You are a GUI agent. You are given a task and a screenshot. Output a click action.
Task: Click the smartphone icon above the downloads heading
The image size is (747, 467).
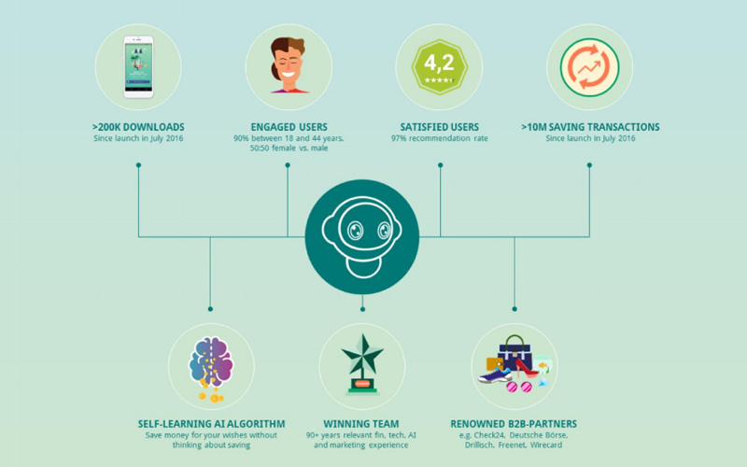pos(138,67)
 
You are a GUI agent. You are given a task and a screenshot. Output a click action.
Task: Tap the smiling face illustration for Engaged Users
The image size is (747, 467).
pos(289,64)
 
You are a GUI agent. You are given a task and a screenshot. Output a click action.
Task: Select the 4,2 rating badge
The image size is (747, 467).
pos(439,66)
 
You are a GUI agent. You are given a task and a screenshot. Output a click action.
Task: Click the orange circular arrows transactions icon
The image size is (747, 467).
pos(590,67)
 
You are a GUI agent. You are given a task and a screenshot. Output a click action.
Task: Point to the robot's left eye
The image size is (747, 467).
pos(355,231)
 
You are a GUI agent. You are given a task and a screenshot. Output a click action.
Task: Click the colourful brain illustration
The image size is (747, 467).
pos(211,364)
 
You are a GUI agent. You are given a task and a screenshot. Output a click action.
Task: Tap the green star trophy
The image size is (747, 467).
pos(362,364)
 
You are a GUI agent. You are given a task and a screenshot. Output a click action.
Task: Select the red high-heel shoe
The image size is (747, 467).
pos(526,368)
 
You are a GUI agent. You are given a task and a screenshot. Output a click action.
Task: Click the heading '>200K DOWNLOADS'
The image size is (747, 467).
pos(138,127)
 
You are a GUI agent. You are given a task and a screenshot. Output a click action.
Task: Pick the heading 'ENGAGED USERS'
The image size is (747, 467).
pos(289,127)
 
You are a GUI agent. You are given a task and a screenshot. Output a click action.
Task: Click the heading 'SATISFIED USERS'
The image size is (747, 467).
pos(439,127)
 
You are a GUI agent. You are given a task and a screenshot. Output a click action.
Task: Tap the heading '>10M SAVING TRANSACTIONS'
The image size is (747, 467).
pos(590,127)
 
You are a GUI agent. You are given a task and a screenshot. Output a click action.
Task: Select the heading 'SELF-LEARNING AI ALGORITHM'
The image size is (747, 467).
pos(212,424)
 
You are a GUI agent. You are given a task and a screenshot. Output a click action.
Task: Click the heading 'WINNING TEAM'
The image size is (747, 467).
pos(361,424)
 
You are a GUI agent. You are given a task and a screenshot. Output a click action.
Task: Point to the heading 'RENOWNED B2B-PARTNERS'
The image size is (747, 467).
pos(514,424)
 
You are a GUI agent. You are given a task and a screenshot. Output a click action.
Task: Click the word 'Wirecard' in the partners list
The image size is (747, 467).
pos(546,446)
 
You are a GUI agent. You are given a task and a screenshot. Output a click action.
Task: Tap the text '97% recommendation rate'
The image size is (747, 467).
pos(439,138)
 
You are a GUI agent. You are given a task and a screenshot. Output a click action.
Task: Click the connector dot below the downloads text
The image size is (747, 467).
pos(138,165)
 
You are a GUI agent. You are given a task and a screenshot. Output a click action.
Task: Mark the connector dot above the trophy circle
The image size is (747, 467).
pos(362,309)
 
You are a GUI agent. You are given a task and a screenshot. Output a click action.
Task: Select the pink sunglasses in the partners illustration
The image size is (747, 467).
pos(519,387)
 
